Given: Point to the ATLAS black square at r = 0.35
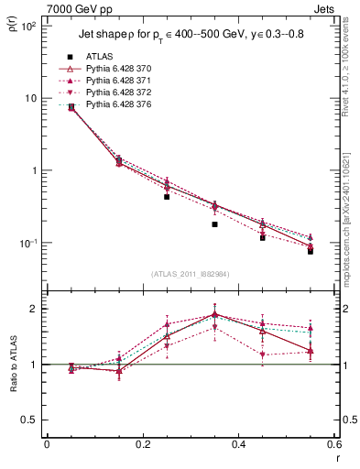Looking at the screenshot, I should (x=214, y=224).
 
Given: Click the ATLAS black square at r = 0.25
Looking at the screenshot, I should (x=167, y=196).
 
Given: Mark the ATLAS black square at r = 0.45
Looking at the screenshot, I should (x=263, y=237).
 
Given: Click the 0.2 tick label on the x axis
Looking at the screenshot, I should (x=142, y=444).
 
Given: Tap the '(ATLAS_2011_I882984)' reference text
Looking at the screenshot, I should (x=191, y=274).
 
